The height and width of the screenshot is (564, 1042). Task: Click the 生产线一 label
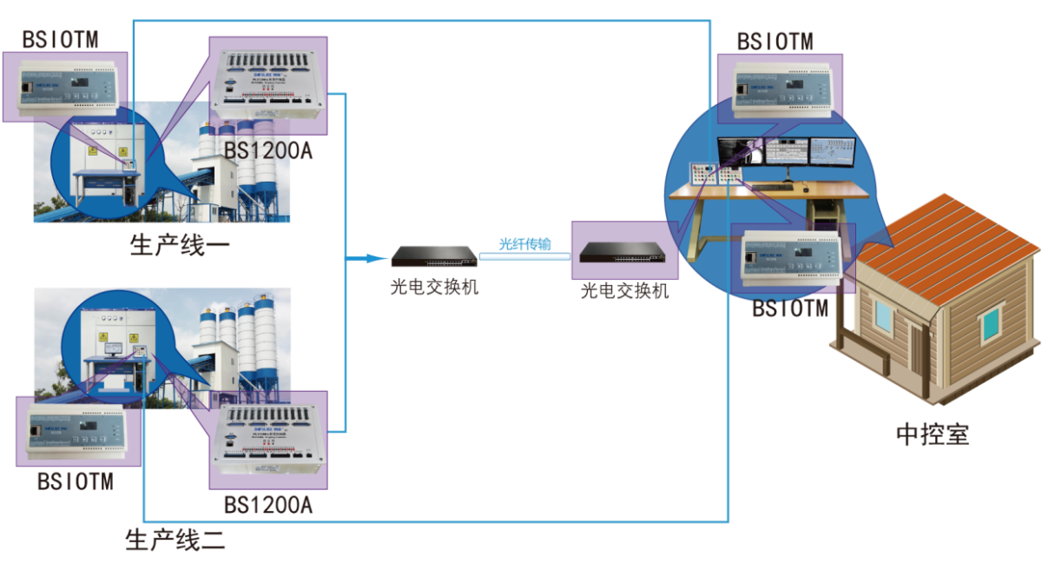180,245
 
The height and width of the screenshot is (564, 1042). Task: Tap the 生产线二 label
176,540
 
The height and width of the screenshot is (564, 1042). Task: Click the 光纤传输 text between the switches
524,244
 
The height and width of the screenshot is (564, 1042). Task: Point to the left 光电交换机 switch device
433,256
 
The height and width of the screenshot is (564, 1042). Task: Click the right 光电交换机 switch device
623,252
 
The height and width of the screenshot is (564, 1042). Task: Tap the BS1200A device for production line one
268,84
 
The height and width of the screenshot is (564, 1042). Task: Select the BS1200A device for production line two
268,440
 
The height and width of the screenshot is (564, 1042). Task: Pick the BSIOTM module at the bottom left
76,431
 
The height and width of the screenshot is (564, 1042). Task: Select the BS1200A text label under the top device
268,149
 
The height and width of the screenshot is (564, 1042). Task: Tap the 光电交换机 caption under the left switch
433,287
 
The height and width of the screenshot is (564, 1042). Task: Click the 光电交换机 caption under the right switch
624,291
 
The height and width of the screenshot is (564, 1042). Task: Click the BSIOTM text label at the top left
60,39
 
